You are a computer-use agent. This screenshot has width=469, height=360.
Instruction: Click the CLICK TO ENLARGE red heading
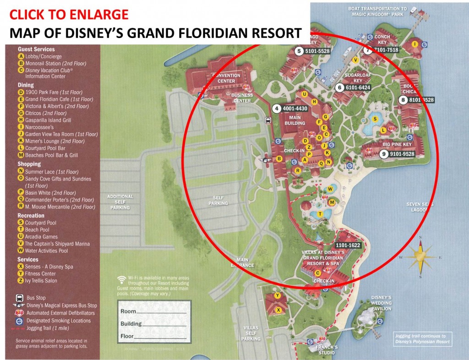[69, 15]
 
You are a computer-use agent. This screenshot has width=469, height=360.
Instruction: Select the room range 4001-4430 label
[294, 109]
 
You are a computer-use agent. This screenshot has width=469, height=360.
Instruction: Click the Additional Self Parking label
[120, 202]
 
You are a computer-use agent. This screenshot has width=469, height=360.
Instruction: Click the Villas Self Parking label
[251, 333]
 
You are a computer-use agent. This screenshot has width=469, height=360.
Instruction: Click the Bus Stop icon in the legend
[20, 298]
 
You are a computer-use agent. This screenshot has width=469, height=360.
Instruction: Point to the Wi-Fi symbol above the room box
[122, 278]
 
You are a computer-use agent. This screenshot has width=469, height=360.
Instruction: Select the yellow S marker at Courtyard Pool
[376, 119]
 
